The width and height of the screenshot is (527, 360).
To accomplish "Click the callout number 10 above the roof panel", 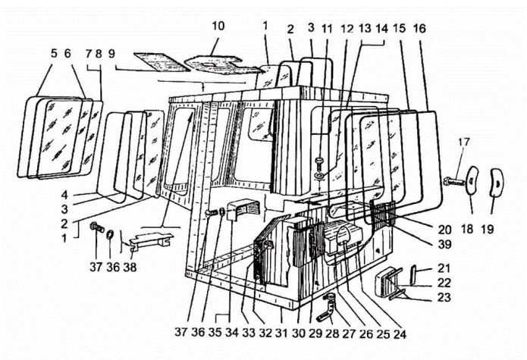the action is coord(218,26).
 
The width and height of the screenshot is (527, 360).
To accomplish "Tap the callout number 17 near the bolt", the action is coord(463,142).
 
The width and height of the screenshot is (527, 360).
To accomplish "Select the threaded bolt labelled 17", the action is coord(455,181).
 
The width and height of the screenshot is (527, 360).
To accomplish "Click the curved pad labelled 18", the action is coord(472,180).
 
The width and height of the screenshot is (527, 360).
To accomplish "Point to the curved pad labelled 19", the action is coord(497,182).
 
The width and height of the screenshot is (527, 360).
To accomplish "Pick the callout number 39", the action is coord(444,244).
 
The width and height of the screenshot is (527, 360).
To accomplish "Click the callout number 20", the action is coord(444,230).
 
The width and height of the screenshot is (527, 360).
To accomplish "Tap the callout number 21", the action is coord(444,268).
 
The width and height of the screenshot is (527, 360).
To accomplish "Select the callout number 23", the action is coord(444,297).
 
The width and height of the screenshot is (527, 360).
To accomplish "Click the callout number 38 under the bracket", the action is coord(130,267).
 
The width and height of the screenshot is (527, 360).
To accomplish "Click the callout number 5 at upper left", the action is coord(54,53).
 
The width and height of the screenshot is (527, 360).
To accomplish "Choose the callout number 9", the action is coord(111,53).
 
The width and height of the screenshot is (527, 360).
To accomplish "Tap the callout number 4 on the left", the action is coord(65,195).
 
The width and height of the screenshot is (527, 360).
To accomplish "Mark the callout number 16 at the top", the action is coord(419,29).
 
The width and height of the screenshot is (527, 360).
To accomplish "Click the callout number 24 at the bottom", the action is coord(400,333).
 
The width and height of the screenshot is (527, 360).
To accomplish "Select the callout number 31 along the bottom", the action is coord(281,333).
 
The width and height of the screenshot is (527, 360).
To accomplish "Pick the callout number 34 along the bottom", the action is coord(231,332).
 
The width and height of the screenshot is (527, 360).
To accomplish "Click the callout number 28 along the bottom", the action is coord(332,333).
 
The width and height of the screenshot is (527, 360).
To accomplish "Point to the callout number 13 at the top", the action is coord(365,29).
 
